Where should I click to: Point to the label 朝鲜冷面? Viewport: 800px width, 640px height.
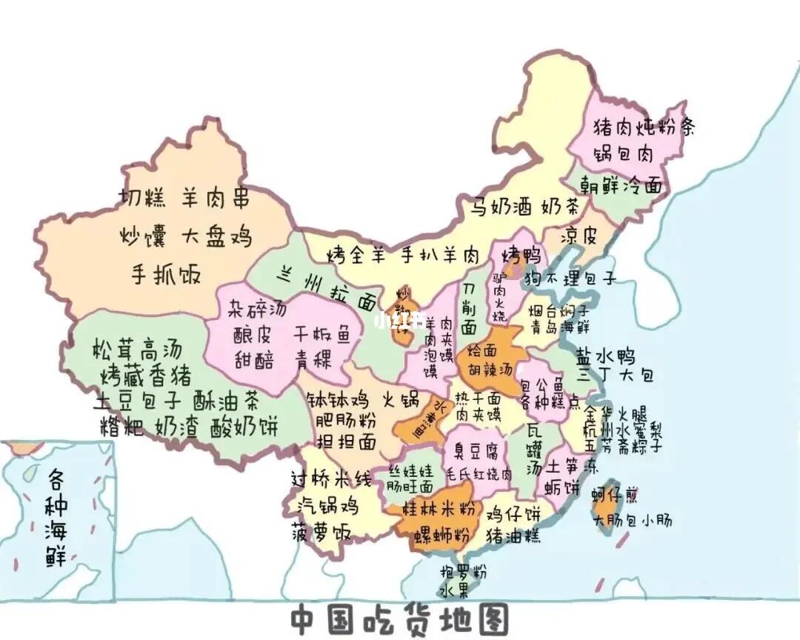(x=621, y=185)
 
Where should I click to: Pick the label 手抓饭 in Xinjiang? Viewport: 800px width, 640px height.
(x=166, y=273)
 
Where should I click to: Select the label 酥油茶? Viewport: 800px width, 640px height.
(x=226, y=401)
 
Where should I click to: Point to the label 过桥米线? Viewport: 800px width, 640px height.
(x=330, y=479)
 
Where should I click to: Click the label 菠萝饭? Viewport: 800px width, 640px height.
(x=320, y=532)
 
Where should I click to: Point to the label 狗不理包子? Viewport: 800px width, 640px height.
(x=570, y=279)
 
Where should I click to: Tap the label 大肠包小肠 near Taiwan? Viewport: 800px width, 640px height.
(x=633, y=520)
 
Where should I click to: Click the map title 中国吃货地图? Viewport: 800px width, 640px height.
(x=399, y=619)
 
